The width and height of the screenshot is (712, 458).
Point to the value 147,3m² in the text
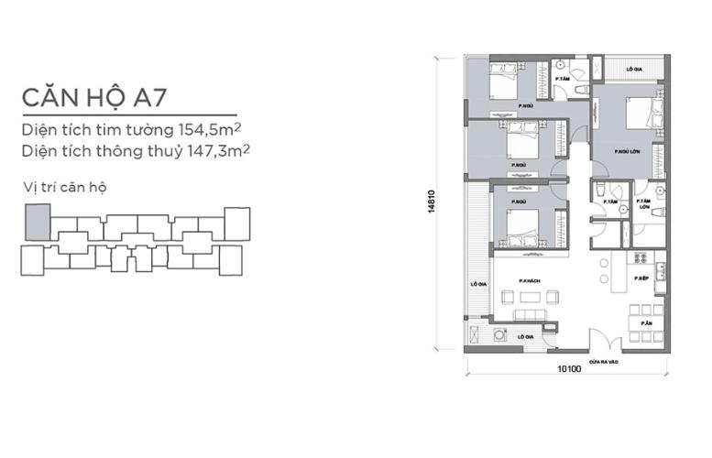click(219, 147)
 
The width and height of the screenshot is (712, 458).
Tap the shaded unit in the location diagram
click(36, 222)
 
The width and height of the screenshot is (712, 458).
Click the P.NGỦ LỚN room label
click(627, 152)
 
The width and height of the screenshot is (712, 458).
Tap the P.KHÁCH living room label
click(527, 281)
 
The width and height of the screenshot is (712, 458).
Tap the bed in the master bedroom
click(640, 115)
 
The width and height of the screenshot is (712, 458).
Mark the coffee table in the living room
click(529, 298)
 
